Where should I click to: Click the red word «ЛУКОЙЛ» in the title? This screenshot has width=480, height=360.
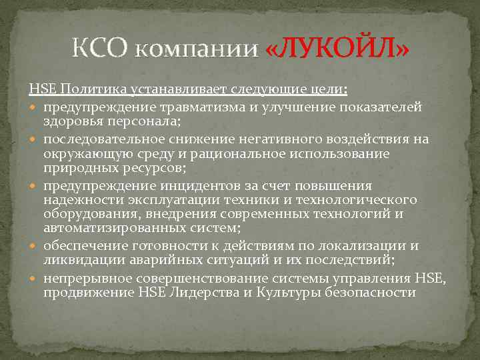click(x=337, y=49)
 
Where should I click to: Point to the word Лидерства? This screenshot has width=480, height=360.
click(x=173, y=292)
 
